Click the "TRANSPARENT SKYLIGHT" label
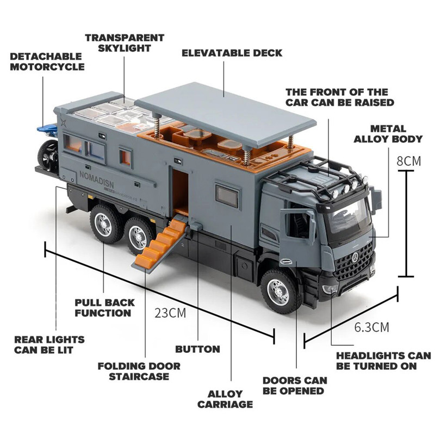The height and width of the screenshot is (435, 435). (x=124, y=43)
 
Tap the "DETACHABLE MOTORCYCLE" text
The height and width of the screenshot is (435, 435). (x=47, y=61)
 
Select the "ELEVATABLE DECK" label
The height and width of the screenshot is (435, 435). (x=232, y=53)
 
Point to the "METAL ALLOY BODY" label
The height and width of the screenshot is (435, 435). (x=388, y=134)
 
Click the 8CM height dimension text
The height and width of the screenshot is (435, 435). (x=409, y=161)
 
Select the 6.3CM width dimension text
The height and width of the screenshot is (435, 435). (x=371, y=327)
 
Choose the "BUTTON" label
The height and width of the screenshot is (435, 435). (x=197, y=349)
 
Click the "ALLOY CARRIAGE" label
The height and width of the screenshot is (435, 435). (x=225, y=399)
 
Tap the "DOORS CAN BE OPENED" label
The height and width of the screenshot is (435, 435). (x=295, y=386)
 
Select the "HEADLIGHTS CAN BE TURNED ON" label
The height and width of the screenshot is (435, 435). (x=383, y=361)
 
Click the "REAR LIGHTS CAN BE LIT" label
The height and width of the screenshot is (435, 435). (x=49, y=345)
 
